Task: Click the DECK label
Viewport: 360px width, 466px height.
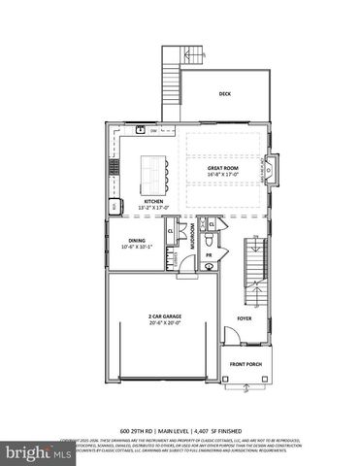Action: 224,95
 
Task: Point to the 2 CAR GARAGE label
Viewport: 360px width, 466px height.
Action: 165,317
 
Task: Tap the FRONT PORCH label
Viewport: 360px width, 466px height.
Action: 245,364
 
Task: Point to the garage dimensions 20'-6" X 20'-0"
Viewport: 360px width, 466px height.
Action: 165,324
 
